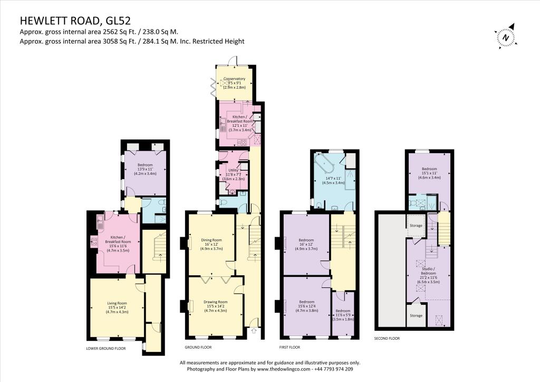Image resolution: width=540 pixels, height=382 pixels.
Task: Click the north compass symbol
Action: click(x=506, y=38)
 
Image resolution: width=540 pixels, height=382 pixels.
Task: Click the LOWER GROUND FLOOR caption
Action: click(x=105, y=349)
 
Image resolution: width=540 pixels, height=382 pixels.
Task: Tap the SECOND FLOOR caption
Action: click(x=388, y=338)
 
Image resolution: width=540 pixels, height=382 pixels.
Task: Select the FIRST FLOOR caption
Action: click(x=290, y=348)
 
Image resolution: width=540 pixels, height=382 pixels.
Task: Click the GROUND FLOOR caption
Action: click(x=198, y=348)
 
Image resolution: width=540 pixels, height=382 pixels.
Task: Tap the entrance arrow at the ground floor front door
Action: click(x=254, y=331)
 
